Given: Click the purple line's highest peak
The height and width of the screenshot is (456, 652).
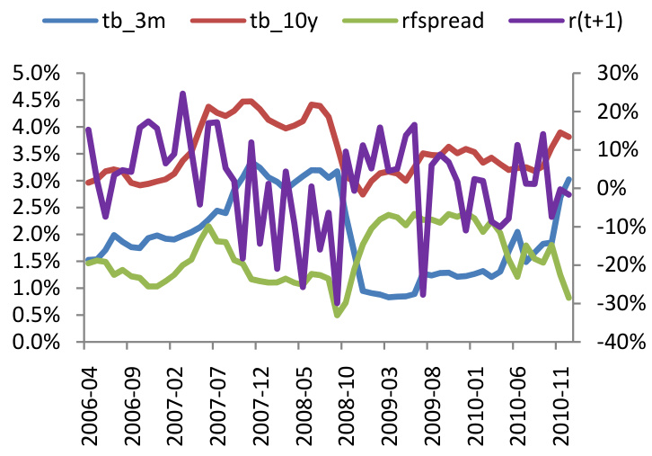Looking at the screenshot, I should click(x=182, y=94).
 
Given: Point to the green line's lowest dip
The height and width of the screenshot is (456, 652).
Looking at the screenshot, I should click(x=338, y=315).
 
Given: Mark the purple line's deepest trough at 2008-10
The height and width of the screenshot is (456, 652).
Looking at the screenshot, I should click(x=338, y=303).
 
